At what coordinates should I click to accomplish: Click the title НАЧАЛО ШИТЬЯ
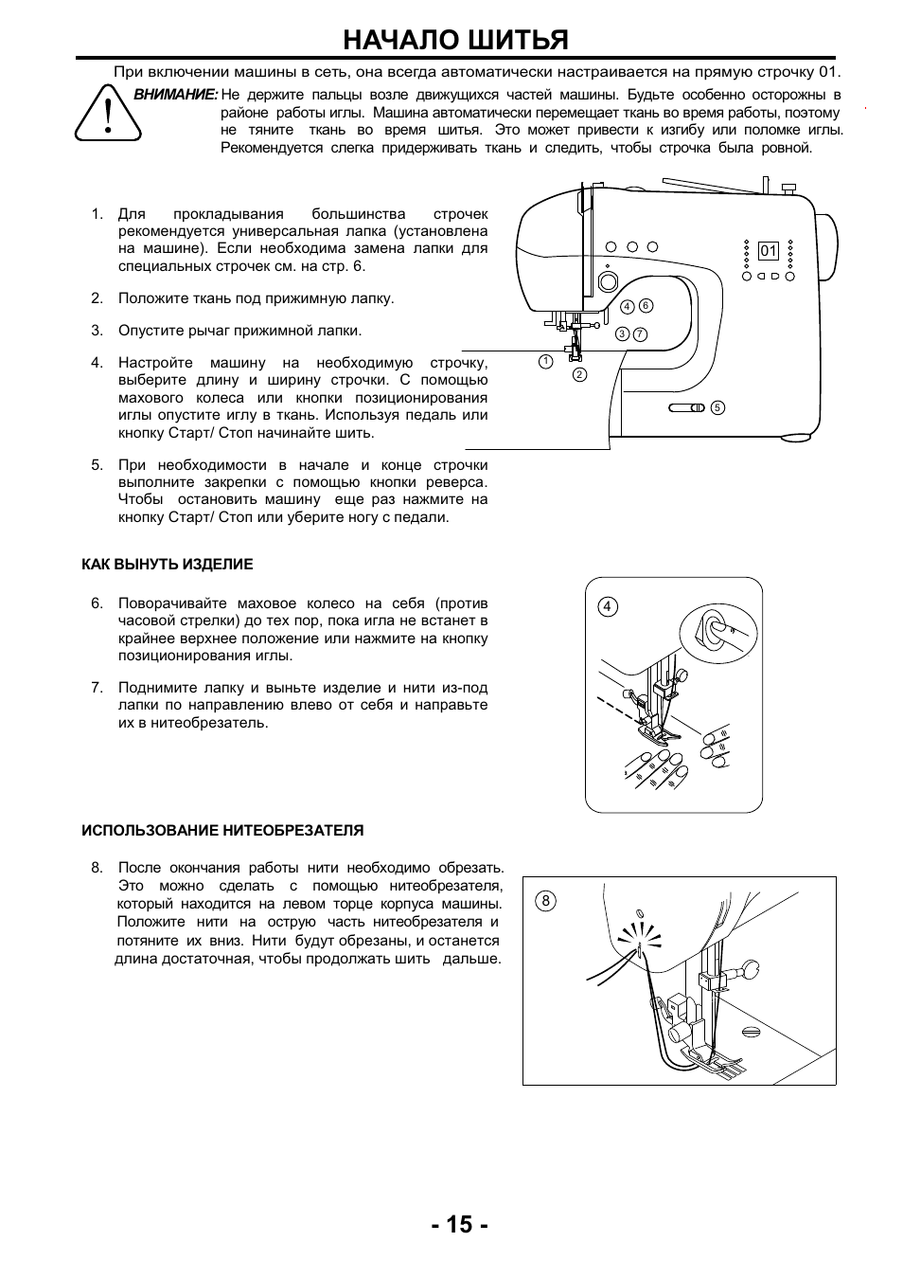(x=455, y=40)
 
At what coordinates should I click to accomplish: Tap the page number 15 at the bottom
(x=459, y=1224)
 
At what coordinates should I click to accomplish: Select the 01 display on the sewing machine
(x=768, y=251)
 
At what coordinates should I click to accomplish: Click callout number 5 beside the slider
(x=717, y=407)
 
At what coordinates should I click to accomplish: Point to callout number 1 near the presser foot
(x=545, y=361)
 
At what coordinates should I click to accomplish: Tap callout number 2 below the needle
(x=579, y=374)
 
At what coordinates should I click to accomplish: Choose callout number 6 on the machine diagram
(x=646, y=305)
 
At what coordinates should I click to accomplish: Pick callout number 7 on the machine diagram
(x=640, y=333)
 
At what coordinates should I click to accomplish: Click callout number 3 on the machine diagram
(x=622, y=333)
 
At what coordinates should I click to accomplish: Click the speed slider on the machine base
(x=687, y=407)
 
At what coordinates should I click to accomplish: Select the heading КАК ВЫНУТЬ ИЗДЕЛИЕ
(x=168, y=564)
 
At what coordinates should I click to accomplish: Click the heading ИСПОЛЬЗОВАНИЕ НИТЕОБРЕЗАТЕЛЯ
(x=222, y=830)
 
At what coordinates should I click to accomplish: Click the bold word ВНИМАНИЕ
(x=176, y=95)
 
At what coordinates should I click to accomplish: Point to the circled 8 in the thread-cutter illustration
(x=544, y=901)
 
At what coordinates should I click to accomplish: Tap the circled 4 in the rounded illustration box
(x=608, y=606)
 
